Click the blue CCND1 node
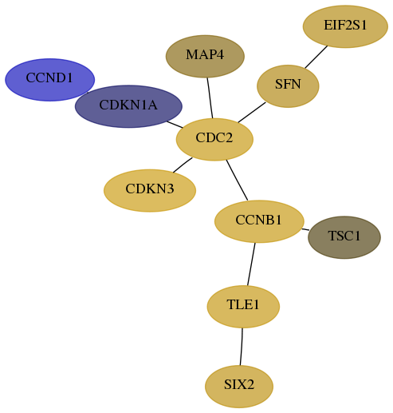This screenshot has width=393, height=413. pyautogui.click(x=49, y=80)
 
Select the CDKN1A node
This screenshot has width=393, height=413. pyautogui.click(x=128, y=106)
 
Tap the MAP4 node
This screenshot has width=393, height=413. pyautogui.click(x=205, y=56)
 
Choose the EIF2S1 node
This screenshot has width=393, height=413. pyautogui.click(x=345, y=26)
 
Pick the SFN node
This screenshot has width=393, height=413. pyautogui.click(x=288, y=86)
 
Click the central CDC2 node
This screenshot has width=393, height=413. pyautogui.click(x=214, y=139)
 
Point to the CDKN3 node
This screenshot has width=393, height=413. pyautogui.click(x=150, y=190)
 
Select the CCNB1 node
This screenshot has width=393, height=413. pyautogui.click(x=259, y=221)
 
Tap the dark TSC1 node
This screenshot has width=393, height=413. pyautogui.click(x=344, y=237)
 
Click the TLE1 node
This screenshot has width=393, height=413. pyautogui.click(x=243, y=307)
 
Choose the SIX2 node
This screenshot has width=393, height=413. pyautogui.click(x=239, y=387)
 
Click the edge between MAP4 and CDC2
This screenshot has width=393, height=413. pyautogui.click(x=210, y=97)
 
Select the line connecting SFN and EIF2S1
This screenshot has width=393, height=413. pyautogui.click(x=316, y=57)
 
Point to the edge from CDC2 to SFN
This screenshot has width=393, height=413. pyautogui.click(x=252, y=113)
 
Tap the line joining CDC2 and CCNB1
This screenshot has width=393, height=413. pyautogui.click(x=237, y=180)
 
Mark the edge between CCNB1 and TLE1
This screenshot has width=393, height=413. pyautogui.click(x=251, y=264)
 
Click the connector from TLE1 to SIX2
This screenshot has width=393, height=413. pyautogui.click(x=242, y=347)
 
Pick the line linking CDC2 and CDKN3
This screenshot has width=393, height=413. pyautogui.click(x=183, y=165)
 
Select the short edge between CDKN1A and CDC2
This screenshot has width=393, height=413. pyautogui.click(x=175, y=125)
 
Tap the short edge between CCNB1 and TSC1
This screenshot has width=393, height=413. pyautogui.click(x=305, y=229)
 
